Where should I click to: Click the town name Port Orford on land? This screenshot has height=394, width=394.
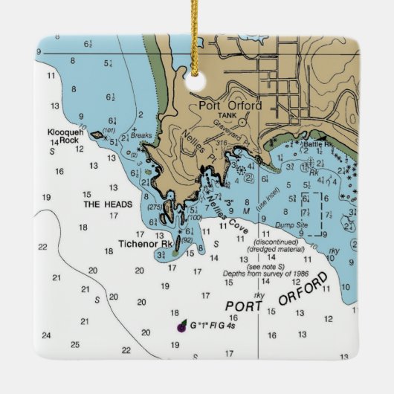click(230, 106)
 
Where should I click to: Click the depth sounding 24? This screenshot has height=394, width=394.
click(46, 335)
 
